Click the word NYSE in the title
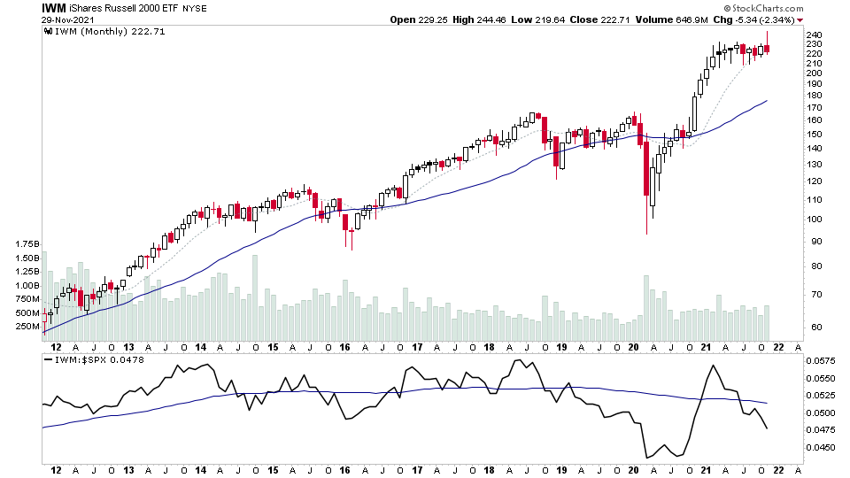click(x=194, y=8)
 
